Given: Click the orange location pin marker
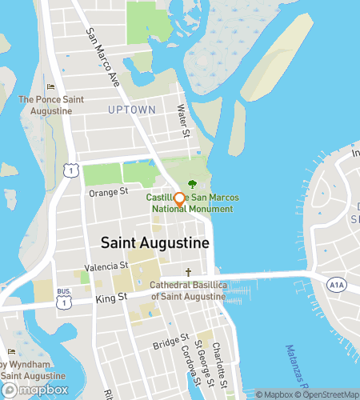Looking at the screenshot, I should tap(179, 200).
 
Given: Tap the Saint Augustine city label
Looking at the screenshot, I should tap(154, 242).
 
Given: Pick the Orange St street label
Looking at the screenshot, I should tap(108, 192).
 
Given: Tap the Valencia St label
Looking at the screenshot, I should tap(107, 266).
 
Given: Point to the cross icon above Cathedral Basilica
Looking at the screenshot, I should tap(189, 272).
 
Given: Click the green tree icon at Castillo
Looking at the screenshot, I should tap(192, 184).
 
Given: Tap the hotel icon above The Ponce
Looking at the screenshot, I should tap(51, 87).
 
